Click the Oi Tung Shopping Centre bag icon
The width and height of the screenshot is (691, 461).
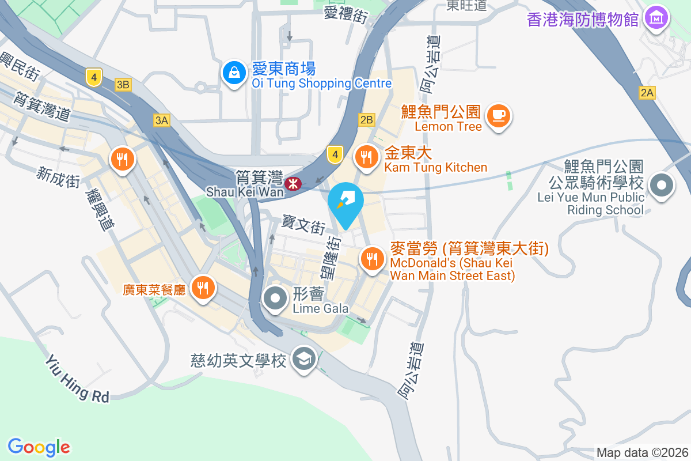(x=233, y=74)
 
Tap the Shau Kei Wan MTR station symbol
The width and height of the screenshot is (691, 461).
(x=293, y=184)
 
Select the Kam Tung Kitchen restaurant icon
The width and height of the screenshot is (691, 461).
(x=366, y=157)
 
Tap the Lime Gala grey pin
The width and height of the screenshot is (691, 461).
(x=275, y=298)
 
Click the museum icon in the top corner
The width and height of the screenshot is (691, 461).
(x=656, y=18)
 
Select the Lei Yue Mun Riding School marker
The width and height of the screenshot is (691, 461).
(x=662, y=186)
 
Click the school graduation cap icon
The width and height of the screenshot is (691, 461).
(x=303, y=360)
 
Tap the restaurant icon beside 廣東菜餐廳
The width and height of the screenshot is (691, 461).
(x=202, y=287)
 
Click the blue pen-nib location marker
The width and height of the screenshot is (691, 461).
(x=346, y=202)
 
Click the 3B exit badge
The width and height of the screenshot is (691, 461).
(x=123, y=85)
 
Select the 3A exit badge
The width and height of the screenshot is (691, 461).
(x=162, y=120)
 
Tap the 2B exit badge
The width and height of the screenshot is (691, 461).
(x=366, y=120)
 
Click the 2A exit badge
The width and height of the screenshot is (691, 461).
(x=647, y=92)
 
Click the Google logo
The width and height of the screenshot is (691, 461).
(x=39, y=447)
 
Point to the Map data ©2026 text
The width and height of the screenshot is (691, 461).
(x=641, y=452)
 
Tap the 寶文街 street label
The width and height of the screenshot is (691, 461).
(x=303, y=225)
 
